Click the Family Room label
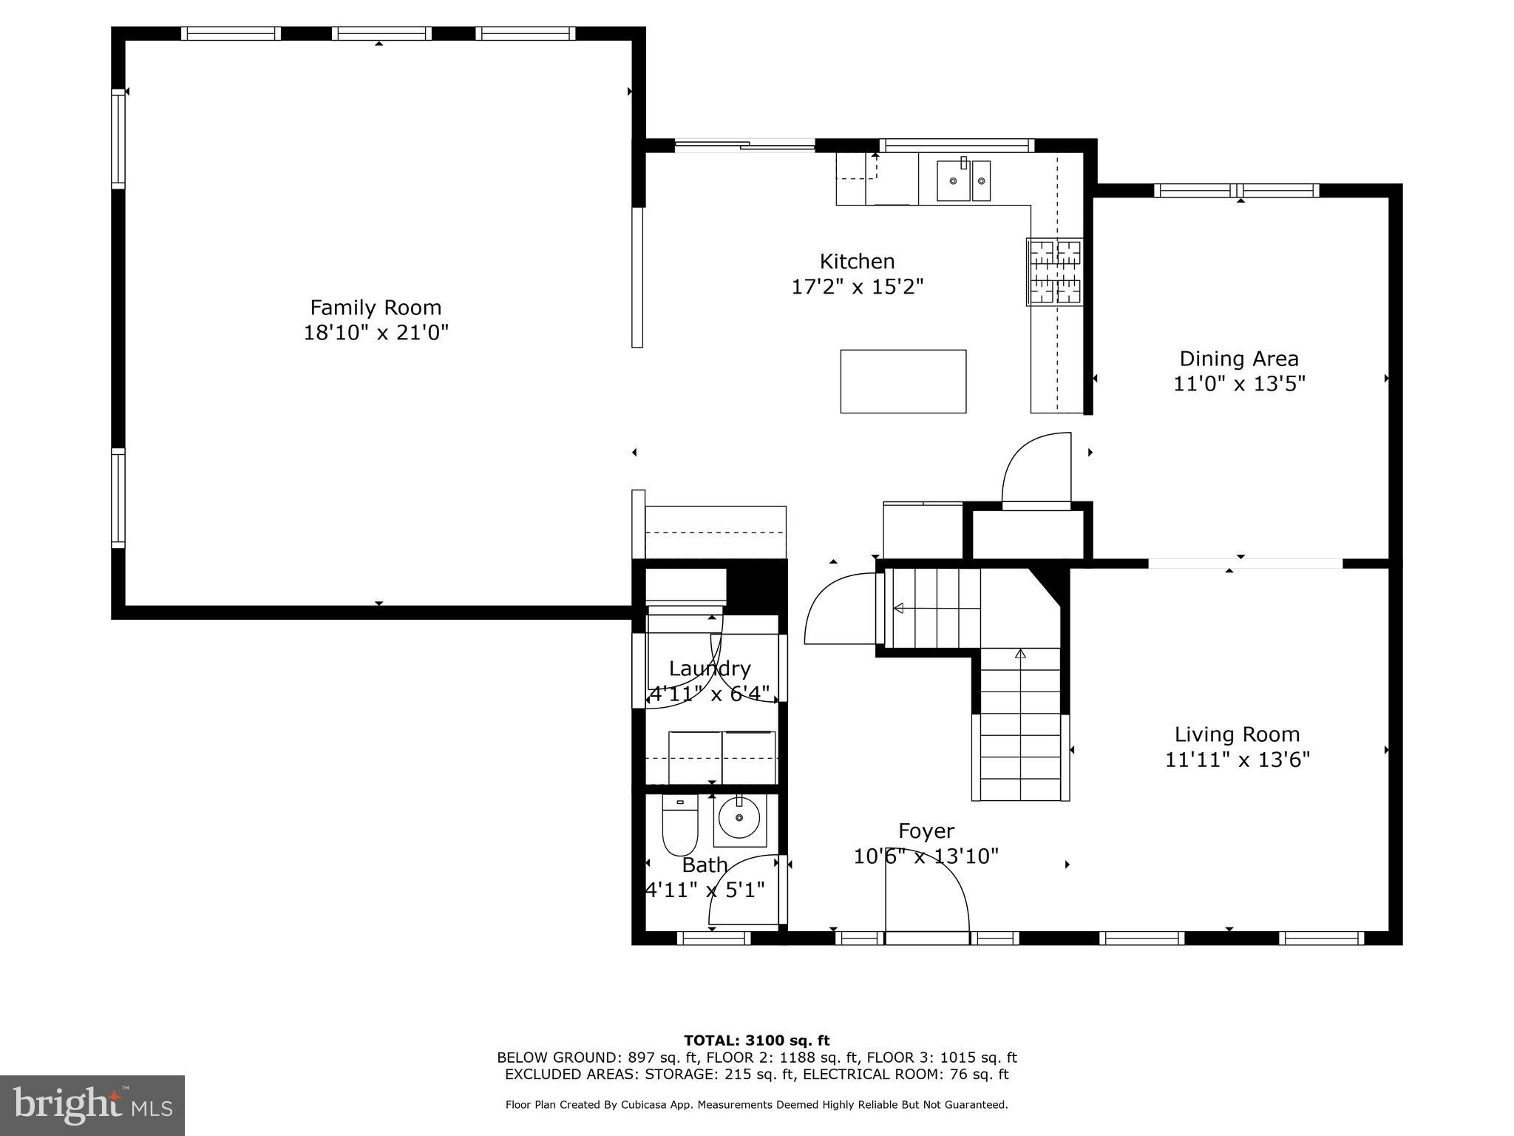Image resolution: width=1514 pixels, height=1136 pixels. (x=376, y=308)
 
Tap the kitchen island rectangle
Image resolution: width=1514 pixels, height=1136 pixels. (x=903, y=381)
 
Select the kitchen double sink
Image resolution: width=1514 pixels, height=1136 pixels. (x=963, y=180)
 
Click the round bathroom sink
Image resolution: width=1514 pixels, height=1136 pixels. (x=739, y=819)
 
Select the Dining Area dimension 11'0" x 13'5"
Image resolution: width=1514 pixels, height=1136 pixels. (x=1239, y=384)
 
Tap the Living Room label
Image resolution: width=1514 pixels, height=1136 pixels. (x=1237, y=734)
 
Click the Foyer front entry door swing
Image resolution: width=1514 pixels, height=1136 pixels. (x=928, y=899)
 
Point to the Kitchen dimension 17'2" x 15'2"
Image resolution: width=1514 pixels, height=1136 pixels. (x=858, y=286)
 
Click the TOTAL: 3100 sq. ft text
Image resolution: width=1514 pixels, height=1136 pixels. (x=756, y=1041)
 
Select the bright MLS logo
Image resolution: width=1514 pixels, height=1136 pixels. (x=92, y=1105)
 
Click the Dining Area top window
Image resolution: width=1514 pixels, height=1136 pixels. (x=1236, y=190)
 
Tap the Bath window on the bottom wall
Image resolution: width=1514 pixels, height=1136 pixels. (x=713, y=938)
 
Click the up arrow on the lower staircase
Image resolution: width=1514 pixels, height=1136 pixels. (x=1020, y=654)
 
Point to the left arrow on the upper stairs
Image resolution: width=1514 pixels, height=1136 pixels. (x=899, y=608)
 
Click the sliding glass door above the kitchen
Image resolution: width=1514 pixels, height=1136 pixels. (x=744, y=146)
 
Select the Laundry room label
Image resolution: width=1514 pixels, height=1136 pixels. (x=710, y=669)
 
